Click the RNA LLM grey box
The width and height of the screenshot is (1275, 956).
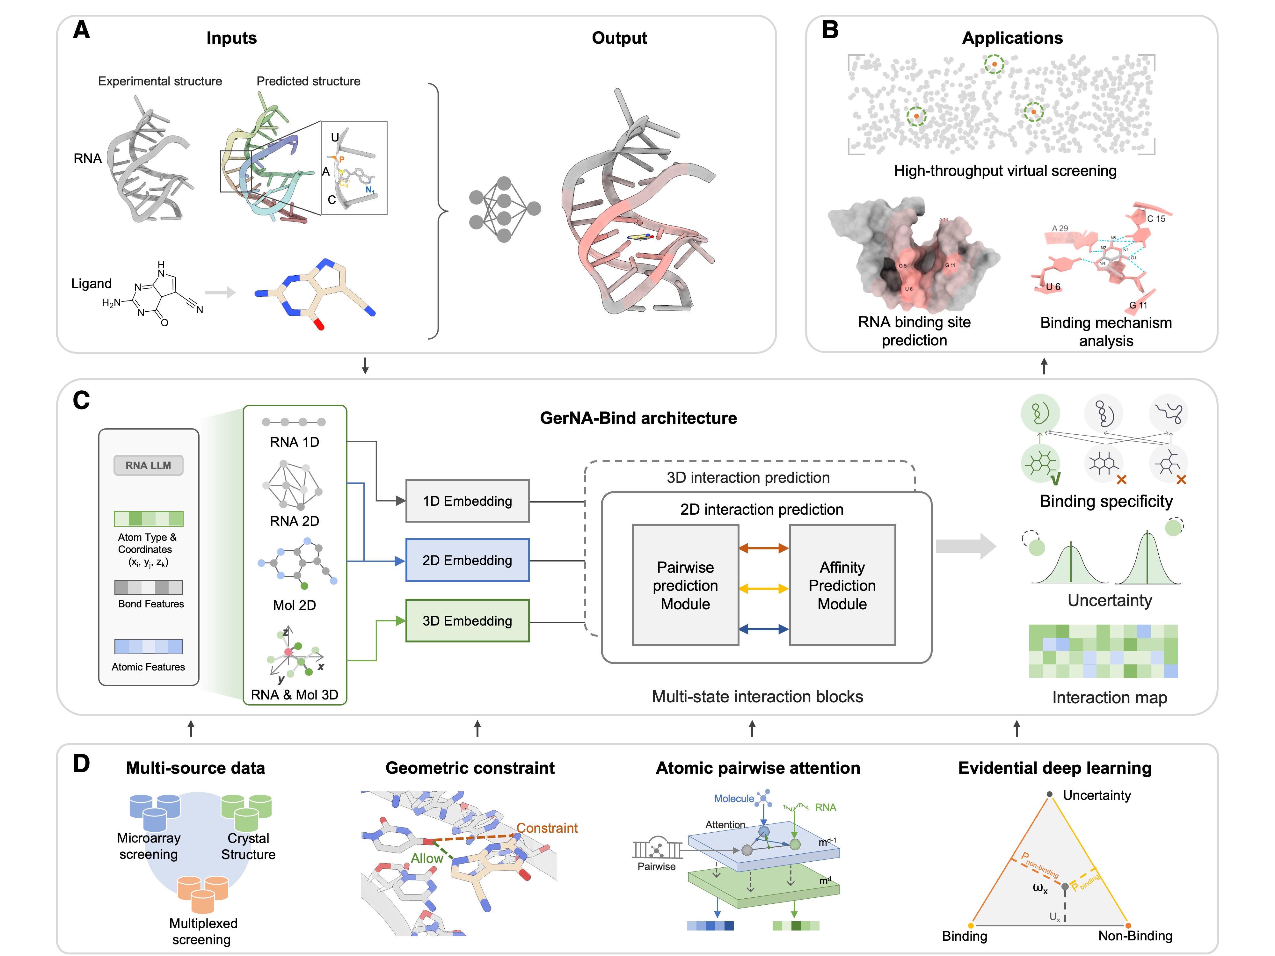(148, 465)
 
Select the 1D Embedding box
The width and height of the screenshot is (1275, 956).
(467, 501)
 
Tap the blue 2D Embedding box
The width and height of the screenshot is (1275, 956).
(467, 560)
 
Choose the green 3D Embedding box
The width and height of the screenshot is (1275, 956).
(467, 621)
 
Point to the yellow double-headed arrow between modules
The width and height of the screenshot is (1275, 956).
(763, 588)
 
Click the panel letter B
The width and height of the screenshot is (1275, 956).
(830, 30)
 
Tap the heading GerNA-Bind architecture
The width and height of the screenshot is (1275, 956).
(638, 418)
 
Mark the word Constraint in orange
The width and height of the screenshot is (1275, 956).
(546, 828)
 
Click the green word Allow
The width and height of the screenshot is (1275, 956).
(426, 858)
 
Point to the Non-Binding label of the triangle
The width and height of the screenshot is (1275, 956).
(1135, 936)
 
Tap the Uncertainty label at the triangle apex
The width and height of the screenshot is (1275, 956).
(1096, 795)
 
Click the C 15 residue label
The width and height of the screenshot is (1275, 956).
(1156, 219)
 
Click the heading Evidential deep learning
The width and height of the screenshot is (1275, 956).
(1054, 768)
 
